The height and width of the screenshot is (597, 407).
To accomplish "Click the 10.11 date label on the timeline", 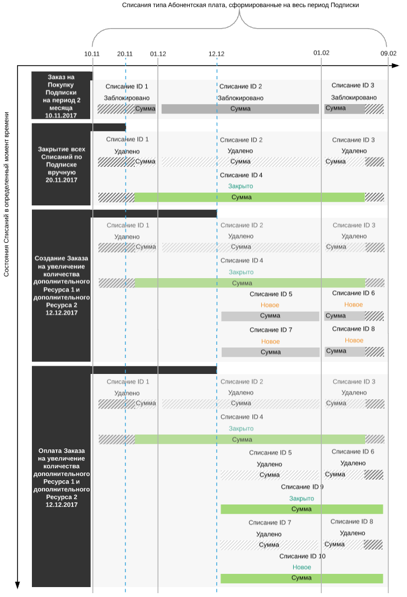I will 92,53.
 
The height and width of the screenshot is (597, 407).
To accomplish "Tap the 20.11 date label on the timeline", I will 125,53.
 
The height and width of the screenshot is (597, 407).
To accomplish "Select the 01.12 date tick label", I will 158,53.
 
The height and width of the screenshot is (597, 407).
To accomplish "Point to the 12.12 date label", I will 217,53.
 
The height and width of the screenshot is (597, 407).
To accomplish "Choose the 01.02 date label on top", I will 322,53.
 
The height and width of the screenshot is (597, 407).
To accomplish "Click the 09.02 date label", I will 388,53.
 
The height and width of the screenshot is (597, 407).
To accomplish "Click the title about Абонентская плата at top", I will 240,5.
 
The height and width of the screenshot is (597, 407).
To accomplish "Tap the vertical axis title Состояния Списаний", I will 7,196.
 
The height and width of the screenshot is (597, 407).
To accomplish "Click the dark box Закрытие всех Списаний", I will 61,164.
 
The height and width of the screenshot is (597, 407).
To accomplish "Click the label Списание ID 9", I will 302,487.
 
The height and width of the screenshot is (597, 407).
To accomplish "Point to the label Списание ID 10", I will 302,556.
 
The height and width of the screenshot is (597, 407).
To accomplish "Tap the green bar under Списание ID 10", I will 301,578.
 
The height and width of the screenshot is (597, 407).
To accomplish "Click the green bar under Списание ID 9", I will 301,509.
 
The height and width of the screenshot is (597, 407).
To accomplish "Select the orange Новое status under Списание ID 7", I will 271,341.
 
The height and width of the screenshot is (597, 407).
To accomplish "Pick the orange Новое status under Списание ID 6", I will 354,305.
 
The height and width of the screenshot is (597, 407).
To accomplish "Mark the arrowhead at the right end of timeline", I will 395,66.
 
